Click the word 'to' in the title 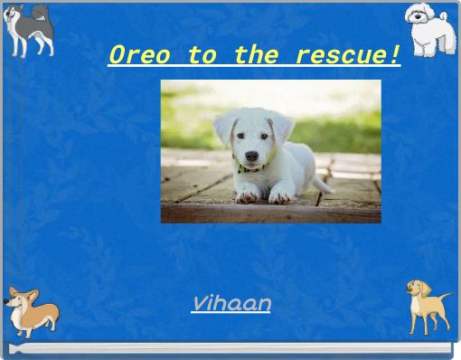tap(202, 55)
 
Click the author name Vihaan tap(230, 303)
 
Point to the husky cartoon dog tap(29, 29)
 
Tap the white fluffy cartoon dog tap(427, 27)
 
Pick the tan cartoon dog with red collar tap(426, 305)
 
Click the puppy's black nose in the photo tap(250, 156)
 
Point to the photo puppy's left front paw tap(280, 194)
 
